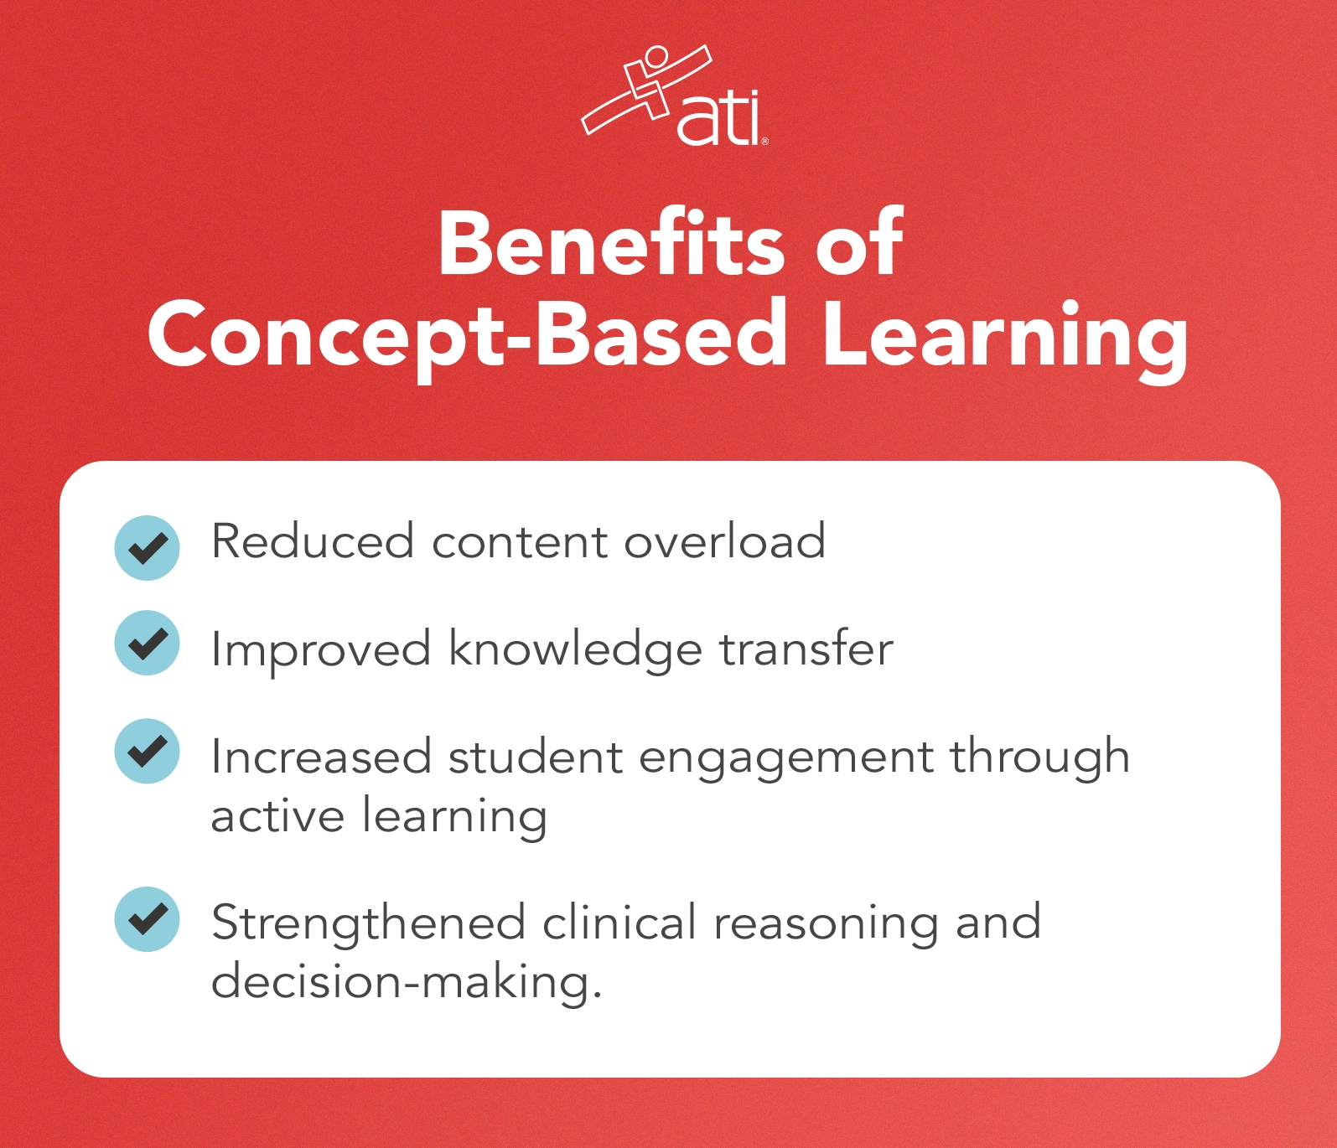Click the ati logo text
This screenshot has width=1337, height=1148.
pyautogui.click(x=719, y=120)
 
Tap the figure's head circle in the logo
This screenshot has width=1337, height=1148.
pyautogui.click(x=656, y=58)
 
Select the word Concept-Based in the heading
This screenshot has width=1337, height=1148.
pyautogui.click(x=467, y=335)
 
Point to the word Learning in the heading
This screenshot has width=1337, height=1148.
pyautogui.click(x=1004, y=335)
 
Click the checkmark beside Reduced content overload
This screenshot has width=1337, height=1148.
pyautogui.click(x=148, y=548)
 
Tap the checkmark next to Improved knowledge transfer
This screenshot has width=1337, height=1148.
pyautogui.click(x=148, y=643)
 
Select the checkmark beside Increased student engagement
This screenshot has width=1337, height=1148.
pyautogui.click(x=148, y=751)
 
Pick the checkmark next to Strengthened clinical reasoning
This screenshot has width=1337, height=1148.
pyautogui.click(x=148, y=919)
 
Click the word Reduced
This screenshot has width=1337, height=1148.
pyautogui.click(x=313, y=541)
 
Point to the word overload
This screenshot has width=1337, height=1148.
pyautogui.click(x=725, y=541)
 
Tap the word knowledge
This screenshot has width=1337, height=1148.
pyautogui.click(x=575, y=650)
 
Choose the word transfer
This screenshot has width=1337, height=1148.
pyautogui.click(x=806, y=649)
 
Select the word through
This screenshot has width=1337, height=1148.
pyautogui.click(x=1039, y=758)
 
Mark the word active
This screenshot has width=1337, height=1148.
pyautogui.click(x=277, y=815)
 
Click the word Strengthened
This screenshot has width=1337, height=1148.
pyautogui.click(x=368, y=923)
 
